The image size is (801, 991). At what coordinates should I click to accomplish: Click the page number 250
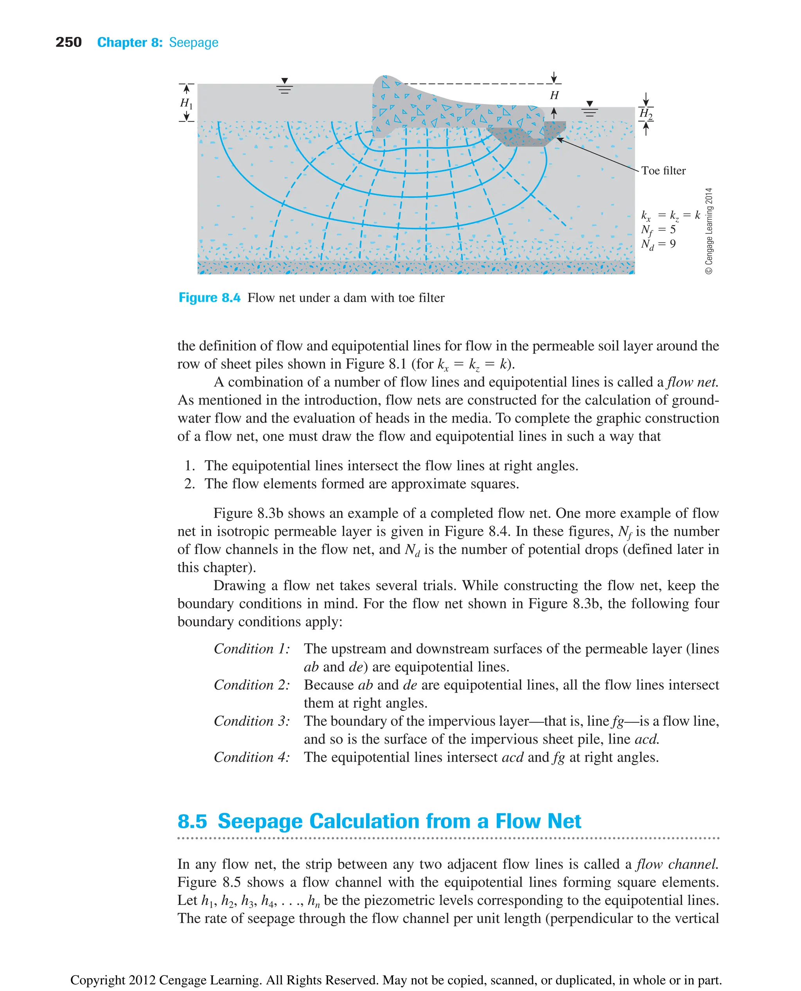68,43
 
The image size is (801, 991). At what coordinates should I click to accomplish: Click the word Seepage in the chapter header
193,43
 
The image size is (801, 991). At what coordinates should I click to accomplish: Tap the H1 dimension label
186,103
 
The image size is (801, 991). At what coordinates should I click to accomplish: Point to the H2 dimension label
645,113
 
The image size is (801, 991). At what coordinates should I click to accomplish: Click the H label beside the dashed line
554,95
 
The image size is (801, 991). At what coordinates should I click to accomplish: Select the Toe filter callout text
663,171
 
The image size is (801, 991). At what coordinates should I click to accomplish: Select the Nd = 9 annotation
658,244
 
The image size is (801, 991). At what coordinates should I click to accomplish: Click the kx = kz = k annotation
670,215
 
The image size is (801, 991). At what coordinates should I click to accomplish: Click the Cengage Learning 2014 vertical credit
709,231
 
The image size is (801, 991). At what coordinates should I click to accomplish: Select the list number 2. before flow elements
189,484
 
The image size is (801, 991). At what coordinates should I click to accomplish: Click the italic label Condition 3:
251,721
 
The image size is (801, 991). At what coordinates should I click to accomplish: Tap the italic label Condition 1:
251,649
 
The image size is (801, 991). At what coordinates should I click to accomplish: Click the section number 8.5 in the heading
192,821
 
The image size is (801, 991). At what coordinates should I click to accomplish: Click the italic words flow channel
677,864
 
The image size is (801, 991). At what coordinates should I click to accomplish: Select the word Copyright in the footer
97,980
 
